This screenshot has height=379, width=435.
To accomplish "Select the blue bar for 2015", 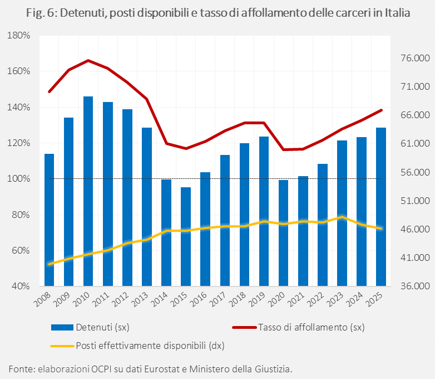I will click(186, 236).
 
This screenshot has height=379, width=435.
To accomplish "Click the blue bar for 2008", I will click(49, 220).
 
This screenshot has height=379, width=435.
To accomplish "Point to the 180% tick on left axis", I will click(20, 36).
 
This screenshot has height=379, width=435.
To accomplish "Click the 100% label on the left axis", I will click(20, 179).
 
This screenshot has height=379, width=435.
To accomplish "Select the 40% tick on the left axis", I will click(21, 286).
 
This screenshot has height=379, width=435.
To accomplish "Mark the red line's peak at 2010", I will click(88, 60).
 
